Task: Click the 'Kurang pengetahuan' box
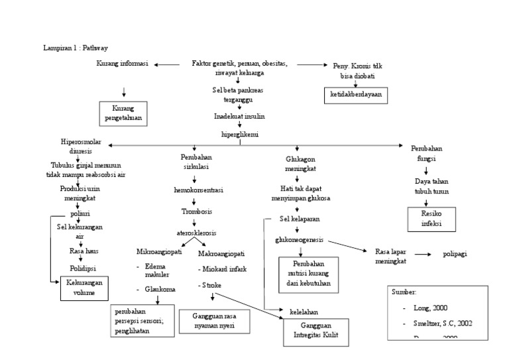(x=123, y=113)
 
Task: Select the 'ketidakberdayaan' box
(x=356, y=95)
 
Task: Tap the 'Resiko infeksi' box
(x=431, y=219)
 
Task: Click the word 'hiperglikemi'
(x=240, y=133)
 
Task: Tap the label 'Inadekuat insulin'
(x=239, y=116)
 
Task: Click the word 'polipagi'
(x=455, y=254)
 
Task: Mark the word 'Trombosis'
(x=198, y=211)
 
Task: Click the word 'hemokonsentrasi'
(x=198, y=190)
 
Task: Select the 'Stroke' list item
(x=212, y=285)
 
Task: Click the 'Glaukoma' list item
(x=159, y=289)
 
